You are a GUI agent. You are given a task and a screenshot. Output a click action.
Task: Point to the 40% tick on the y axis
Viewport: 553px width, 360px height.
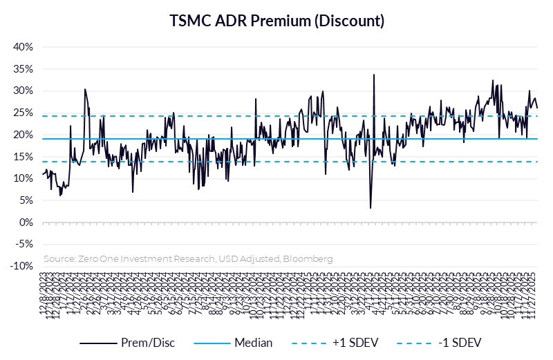click(24, 47)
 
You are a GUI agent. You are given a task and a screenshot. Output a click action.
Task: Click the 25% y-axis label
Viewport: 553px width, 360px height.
click(24, 113)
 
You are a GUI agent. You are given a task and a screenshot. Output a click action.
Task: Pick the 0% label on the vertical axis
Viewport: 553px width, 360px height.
click(26, 222)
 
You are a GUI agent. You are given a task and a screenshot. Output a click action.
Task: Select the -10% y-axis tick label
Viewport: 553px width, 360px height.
click(21, 266)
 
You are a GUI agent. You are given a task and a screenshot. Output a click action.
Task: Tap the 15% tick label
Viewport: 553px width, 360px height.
click(24, 157)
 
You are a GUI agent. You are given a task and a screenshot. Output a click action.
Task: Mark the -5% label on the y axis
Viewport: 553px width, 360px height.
click(24, 244)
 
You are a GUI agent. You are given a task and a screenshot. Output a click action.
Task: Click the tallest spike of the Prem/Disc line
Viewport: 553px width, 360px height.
click(373, 75)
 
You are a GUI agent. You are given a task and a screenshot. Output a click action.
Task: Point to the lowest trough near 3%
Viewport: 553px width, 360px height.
click(371, 207)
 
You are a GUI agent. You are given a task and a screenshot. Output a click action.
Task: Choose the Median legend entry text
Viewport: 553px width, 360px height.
click(253, 343)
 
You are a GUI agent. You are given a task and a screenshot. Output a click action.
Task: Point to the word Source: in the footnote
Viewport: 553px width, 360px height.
click(59, 258)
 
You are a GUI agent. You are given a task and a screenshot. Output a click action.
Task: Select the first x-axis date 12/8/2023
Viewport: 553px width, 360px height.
click(46, 294)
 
